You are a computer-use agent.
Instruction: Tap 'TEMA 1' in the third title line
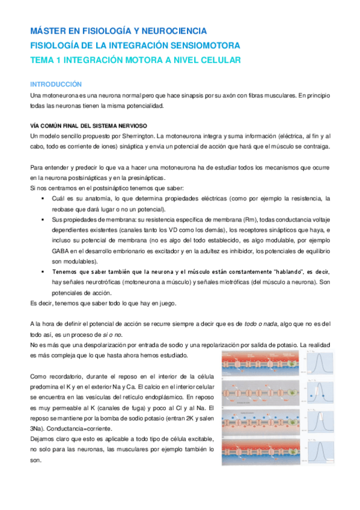(x=46, y=60)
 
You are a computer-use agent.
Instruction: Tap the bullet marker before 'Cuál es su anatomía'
(x=43, y=198)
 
